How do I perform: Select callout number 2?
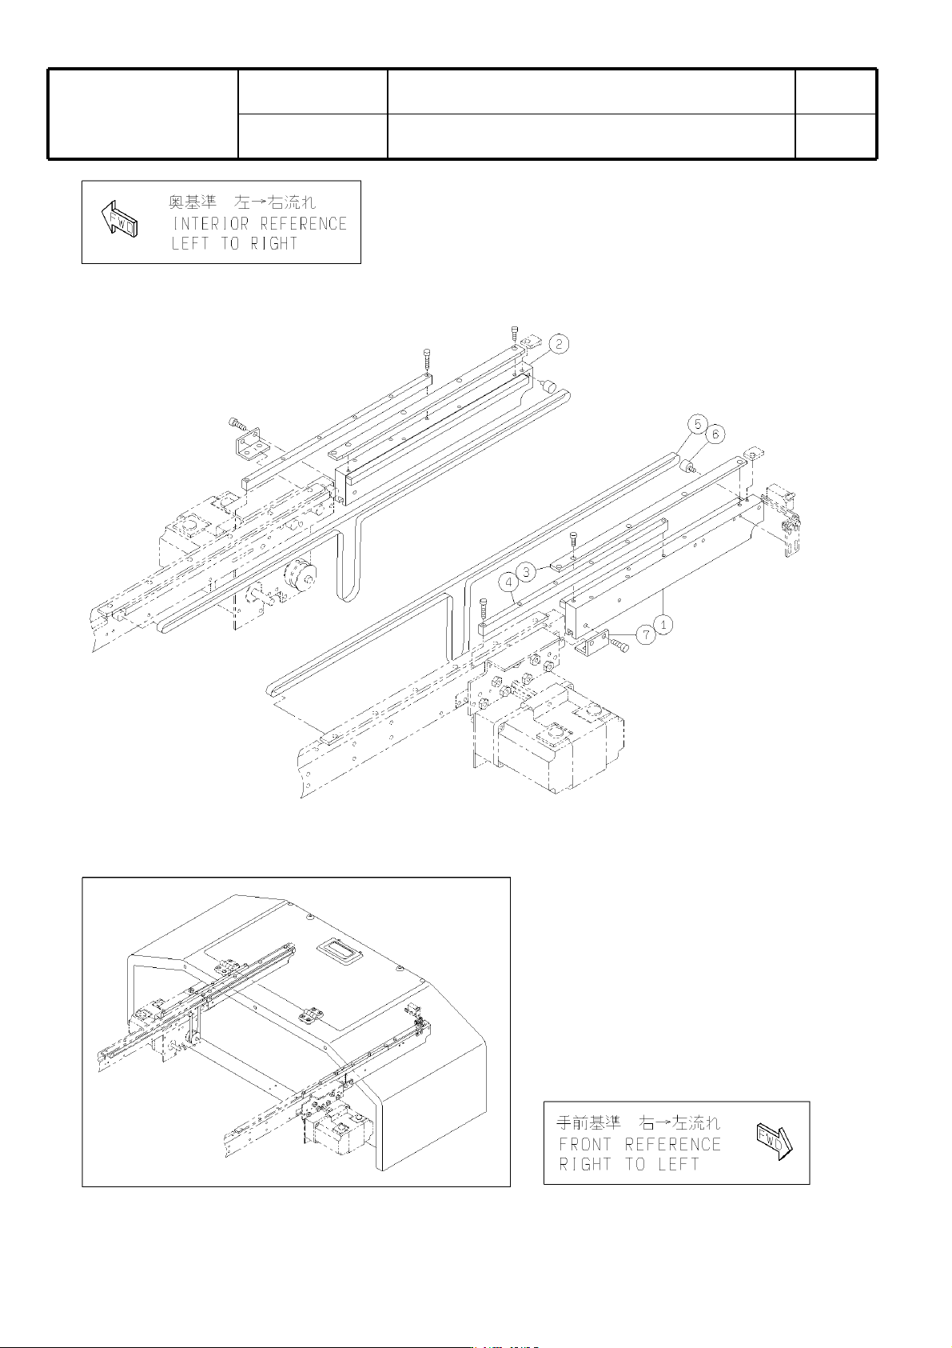[559, 344]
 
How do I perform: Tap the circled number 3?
[526, 572]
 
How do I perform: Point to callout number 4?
[509, 582]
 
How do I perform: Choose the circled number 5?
[698, 424]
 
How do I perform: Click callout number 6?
[715, 434]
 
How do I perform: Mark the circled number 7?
[646, 634]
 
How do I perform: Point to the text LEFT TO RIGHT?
[234, 244]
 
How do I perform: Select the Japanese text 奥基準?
[192, 203]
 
